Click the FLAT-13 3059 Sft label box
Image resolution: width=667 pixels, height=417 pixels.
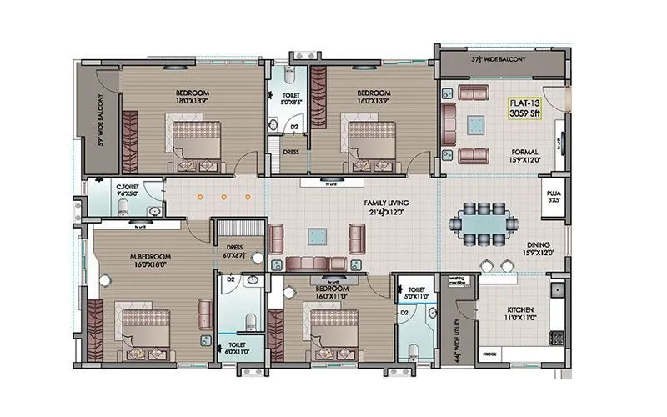tap(525, 110)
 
